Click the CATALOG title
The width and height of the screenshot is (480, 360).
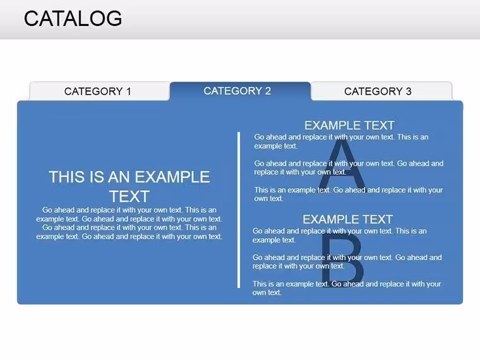(73, 18)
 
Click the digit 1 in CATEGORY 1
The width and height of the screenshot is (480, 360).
(129, 91)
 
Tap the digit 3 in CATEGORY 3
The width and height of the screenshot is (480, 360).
(409, 91)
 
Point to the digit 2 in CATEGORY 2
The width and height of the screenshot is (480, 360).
(268, 91)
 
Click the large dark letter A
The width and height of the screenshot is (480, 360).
(342, 162)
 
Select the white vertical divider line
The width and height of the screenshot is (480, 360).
(239, 210)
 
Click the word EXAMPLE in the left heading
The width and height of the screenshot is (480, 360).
(172, 177)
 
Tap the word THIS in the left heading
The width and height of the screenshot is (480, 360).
(68, 177)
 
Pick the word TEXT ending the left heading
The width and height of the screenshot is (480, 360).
(129, 196)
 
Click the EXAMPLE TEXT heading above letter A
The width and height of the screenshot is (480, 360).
(349, 126)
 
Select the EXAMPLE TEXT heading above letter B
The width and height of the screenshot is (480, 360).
(348, 220)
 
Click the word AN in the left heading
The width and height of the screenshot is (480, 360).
(119, 177)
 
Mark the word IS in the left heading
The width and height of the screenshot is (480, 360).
(97, 177)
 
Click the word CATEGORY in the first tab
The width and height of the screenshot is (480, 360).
(93, 91)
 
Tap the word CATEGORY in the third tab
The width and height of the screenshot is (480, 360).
(373, 91)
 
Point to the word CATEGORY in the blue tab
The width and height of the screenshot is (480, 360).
(232, 91)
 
